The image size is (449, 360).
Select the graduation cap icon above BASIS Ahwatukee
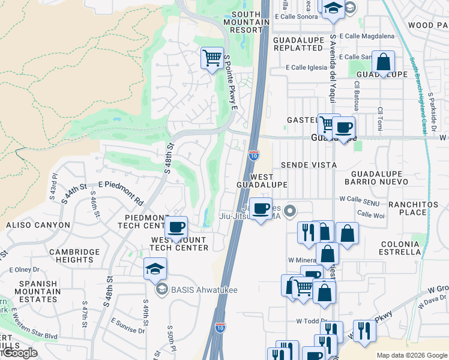click(x=155, y=269)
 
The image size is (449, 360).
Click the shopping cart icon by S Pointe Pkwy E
click(x=211, y=58)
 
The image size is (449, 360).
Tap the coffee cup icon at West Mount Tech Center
click(x=176, y=227)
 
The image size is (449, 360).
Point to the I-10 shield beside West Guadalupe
click(x=253, y=155)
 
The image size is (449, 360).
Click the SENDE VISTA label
click(x=309, y=164)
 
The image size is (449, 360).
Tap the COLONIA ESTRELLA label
click(x=400, y=248)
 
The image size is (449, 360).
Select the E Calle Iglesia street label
click(x=305, y=68)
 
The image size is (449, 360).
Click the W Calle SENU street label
click(x=359, y=199)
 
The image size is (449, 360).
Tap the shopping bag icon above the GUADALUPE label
click(x=383, y=62)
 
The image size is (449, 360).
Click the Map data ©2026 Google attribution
click(x=412, y=355)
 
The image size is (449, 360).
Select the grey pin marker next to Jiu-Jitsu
click(x=291, y=210)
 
